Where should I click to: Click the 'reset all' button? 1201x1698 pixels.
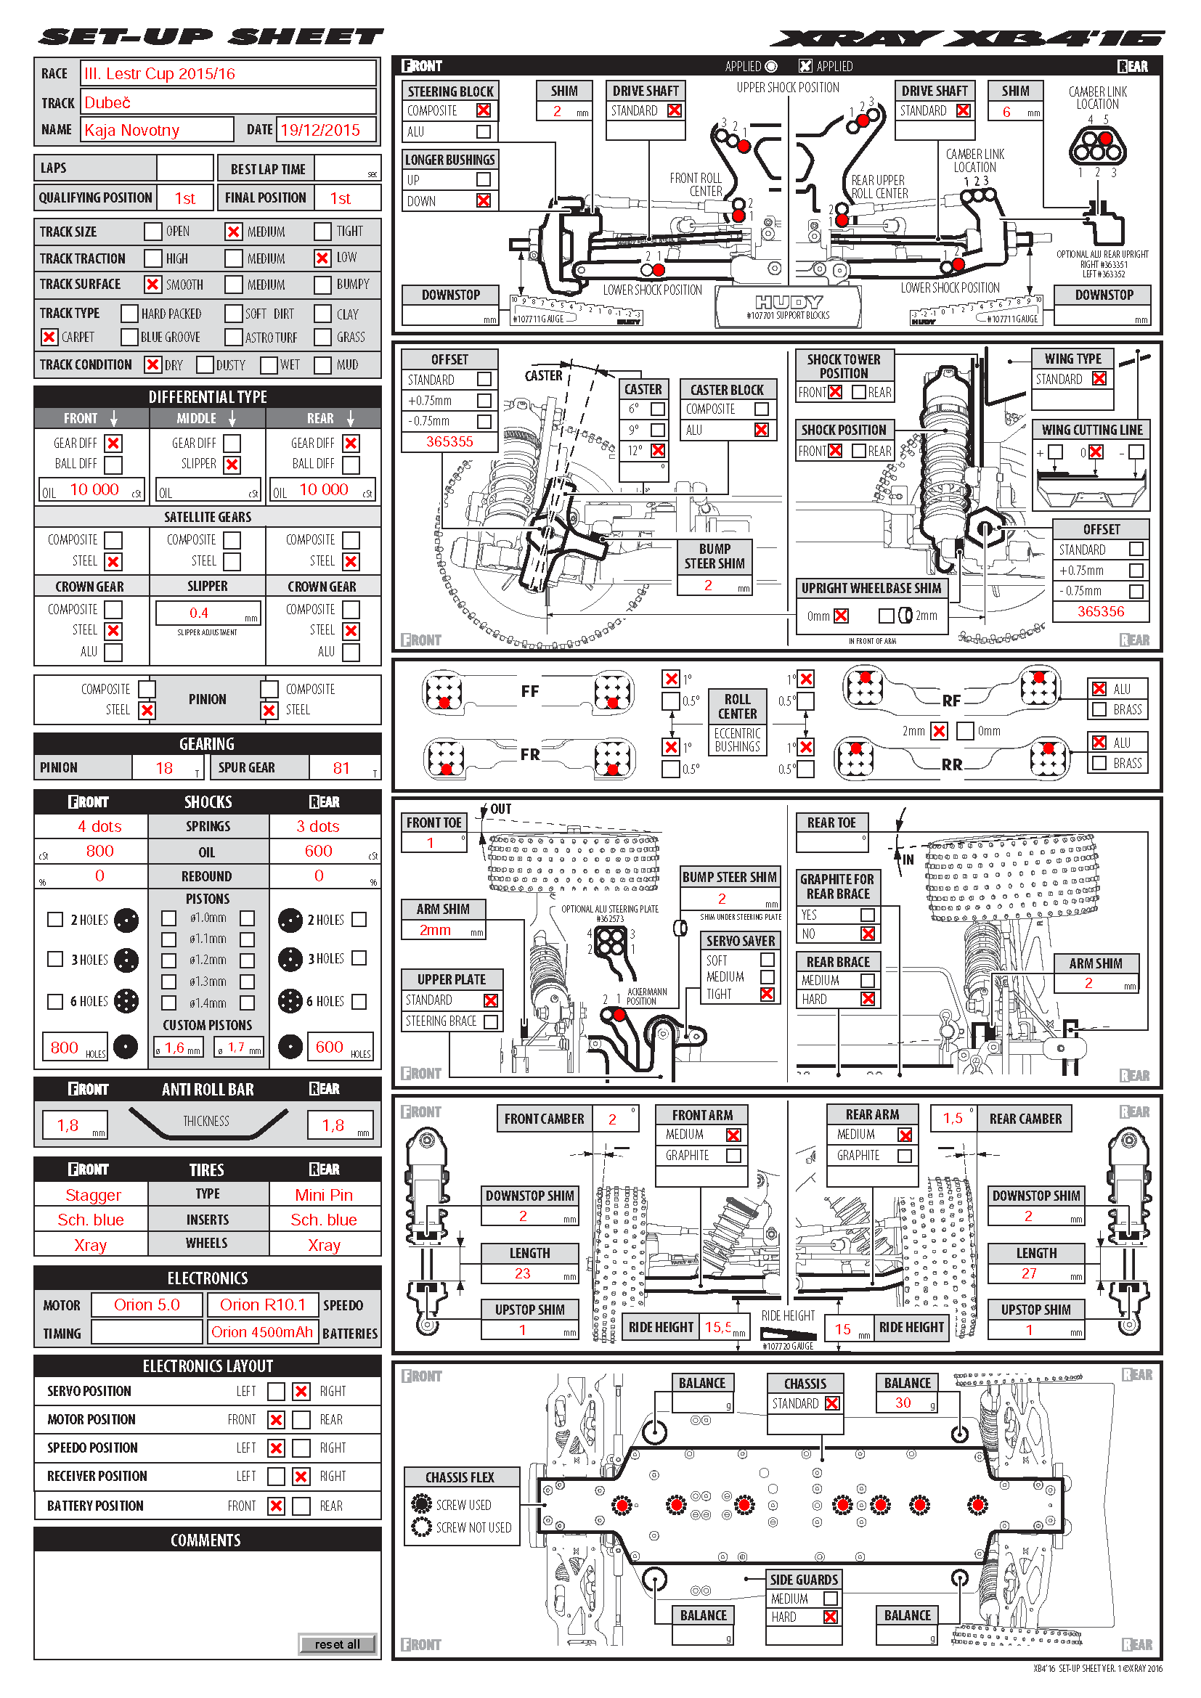click(337, 1644)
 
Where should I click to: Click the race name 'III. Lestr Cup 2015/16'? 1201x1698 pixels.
click(160, 74)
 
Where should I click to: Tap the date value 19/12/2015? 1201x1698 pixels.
click(320, 130)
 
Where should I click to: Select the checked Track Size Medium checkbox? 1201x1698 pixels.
click(234, 232)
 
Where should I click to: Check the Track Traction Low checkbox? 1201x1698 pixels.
click(322, 258)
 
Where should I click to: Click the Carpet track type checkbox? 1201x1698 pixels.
click(49, 338)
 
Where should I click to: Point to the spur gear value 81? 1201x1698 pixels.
click(341, 767)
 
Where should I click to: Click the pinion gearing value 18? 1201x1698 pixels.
click(164, 767)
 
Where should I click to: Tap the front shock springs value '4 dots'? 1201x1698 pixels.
click(99, 826)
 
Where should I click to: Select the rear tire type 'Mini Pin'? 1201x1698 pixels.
click(324, 1194)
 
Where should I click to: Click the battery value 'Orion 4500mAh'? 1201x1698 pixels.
click(262, 1332)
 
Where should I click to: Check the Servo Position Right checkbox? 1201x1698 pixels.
click(301, 1391)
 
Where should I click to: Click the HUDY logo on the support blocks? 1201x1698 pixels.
click(789, 302)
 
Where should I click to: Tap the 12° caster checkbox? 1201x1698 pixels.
click(658, 450)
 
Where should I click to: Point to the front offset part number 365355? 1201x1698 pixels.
click(449, 441)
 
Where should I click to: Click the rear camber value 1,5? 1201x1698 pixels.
click(953, 1118)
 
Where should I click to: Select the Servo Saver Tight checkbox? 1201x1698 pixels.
click(767, 994)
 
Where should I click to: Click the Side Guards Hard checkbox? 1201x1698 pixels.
click(831, 1617)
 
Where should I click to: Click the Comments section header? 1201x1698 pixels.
click(206, 1540)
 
